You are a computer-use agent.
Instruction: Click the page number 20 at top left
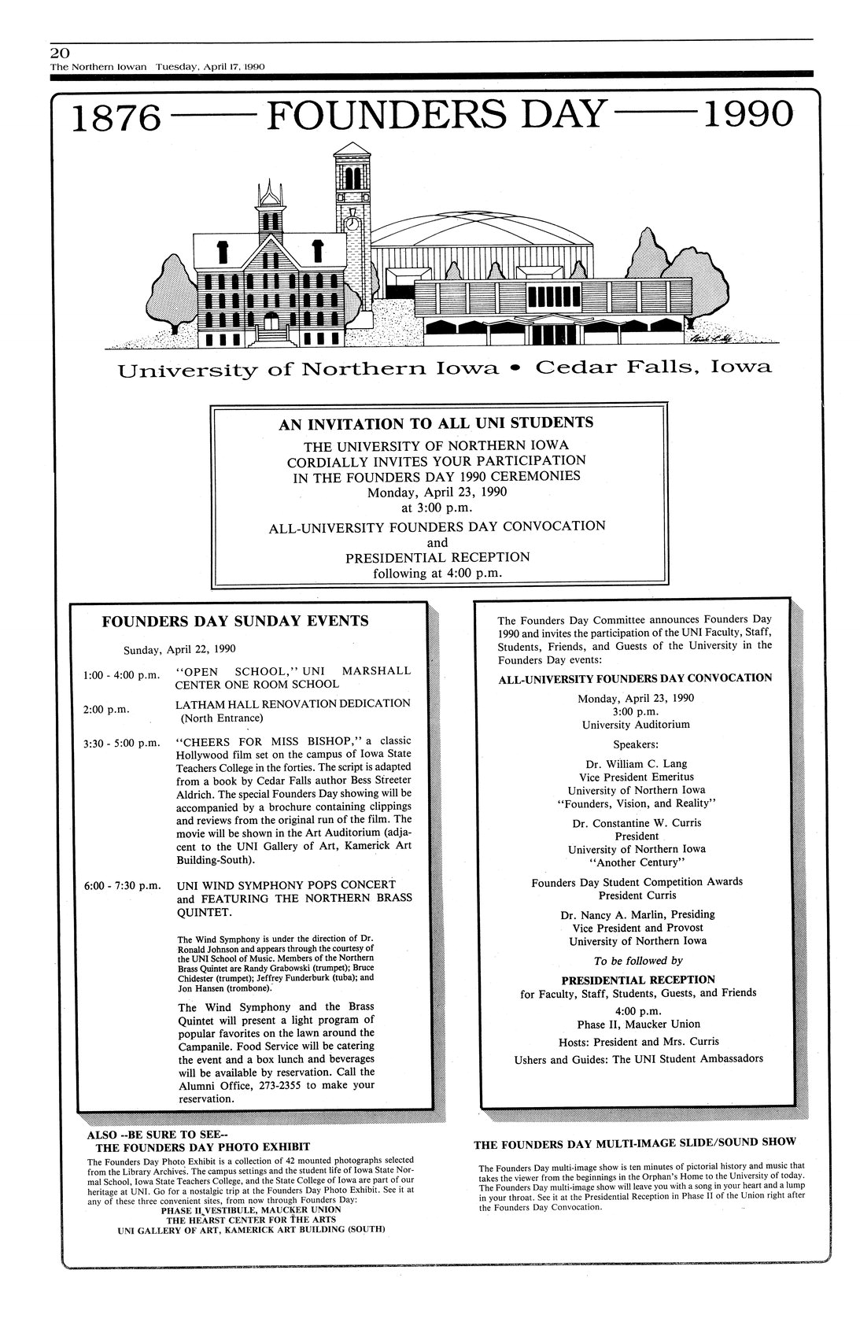click(x=59, y=53)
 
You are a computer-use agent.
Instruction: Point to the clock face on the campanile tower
click(x=352, y=223)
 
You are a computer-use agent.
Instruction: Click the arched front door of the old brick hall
click(x=272, y=321)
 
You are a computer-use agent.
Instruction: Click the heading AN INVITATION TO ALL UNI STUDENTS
click(x=436, y=423)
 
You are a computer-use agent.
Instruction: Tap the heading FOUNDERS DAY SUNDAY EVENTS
click(x=235, y=621)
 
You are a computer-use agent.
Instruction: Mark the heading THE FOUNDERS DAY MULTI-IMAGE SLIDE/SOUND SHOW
click(x=634, y=1142)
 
